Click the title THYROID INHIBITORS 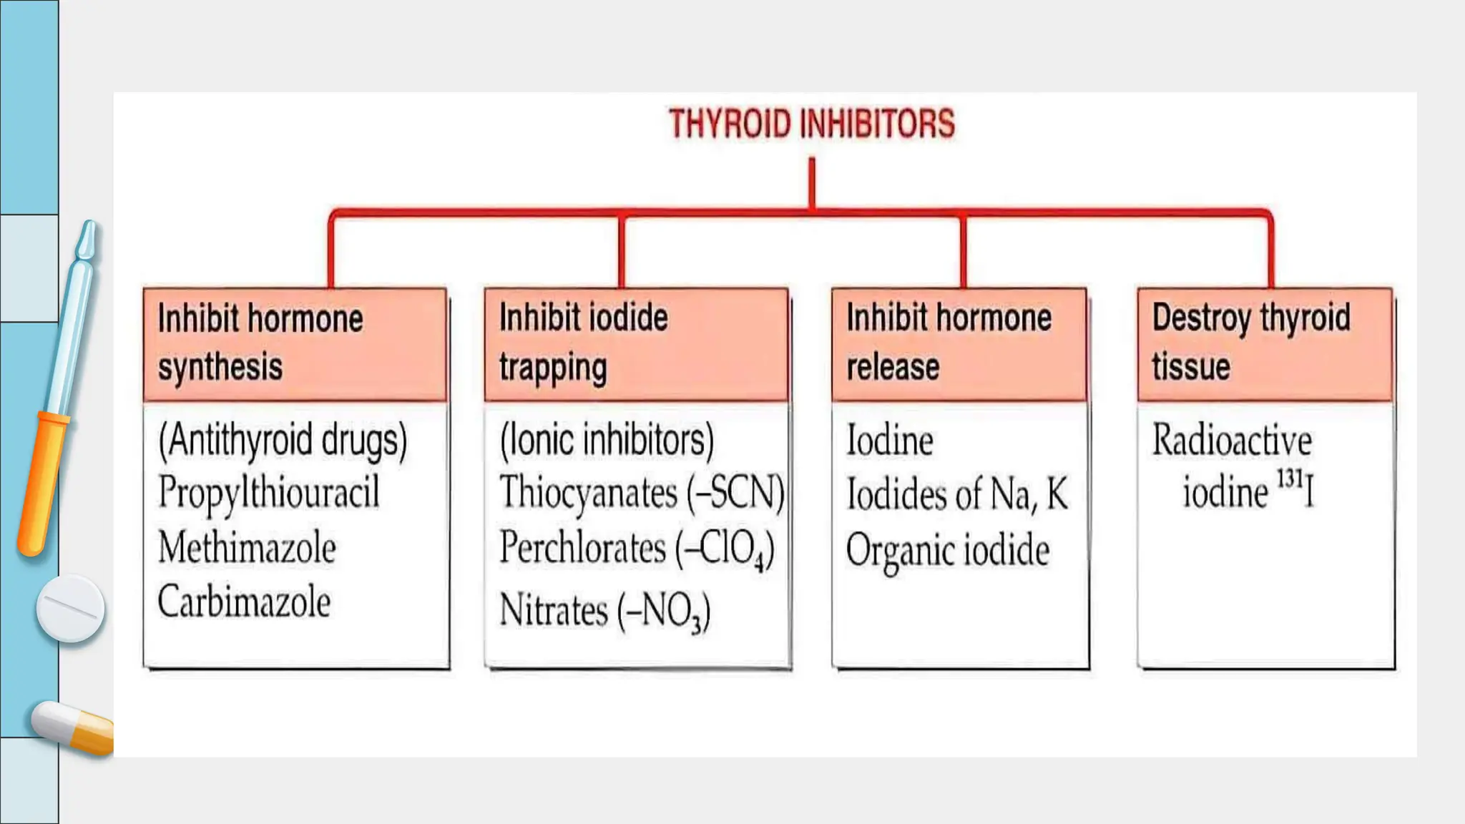tap(811, 124)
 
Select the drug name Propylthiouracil tap(269, 493)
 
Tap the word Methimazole tap(247, 548)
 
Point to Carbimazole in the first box tap(244, 602)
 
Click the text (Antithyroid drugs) tap(283, 440)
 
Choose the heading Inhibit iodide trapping tap(583, 343)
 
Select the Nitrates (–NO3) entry tap(604, 612)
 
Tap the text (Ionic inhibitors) tap(607, 440)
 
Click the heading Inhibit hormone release tap(949, 343)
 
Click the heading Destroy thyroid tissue tap(1251, 343)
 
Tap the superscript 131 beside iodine tap(1290, 478)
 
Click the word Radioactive tap(1232, 440)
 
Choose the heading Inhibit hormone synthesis tap(260, 343)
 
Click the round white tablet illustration tap(70, 608)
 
